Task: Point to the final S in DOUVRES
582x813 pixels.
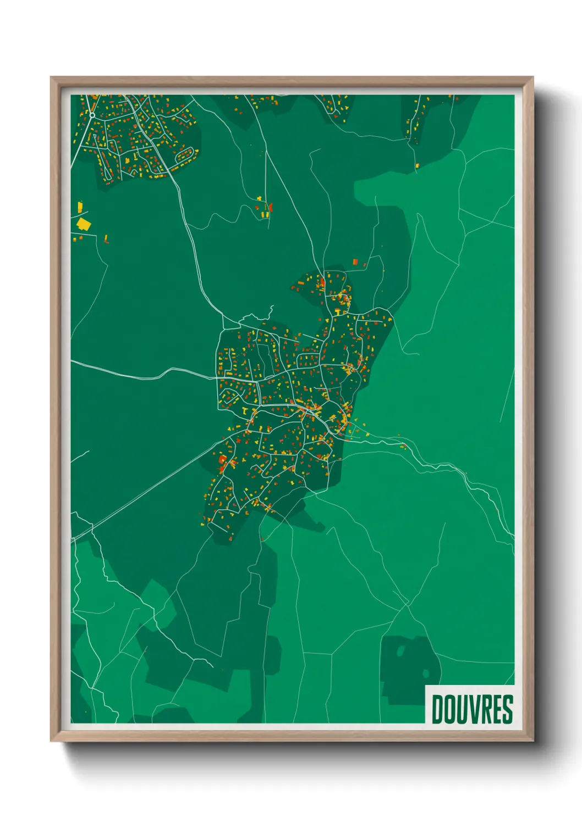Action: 508,709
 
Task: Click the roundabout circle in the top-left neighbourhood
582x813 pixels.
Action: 92,115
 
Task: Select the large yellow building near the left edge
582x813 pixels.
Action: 84,224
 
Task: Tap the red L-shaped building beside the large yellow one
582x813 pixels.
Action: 106,239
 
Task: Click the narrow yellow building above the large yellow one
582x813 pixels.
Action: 80,207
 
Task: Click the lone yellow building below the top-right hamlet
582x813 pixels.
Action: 417,165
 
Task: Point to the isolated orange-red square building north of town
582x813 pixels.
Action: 355,261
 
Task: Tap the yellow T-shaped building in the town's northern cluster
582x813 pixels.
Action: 337,312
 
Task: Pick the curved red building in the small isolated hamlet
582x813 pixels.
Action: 270,207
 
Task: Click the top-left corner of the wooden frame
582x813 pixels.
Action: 51,78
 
